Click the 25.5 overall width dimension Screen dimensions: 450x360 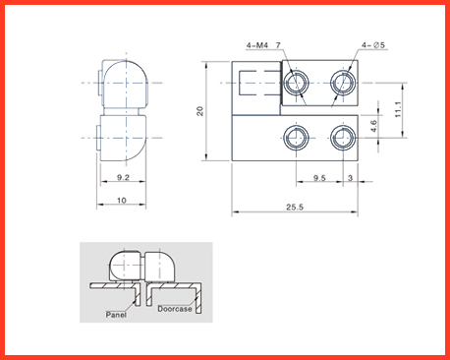[295, 207]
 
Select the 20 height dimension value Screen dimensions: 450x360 [199, 111]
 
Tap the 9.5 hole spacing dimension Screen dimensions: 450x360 [319, 178]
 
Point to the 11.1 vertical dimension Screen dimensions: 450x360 [398, 109]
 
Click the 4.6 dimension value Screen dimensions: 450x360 [373, 126]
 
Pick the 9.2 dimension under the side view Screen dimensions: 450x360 [123, 177]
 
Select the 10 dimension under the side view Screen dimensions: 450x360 [122, 200]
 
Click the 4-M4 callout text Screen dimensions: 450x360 [257, 45]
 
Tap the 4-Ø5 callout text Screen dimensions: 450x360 [373, 45]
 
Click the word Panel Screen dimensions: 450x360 [116, 315]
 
